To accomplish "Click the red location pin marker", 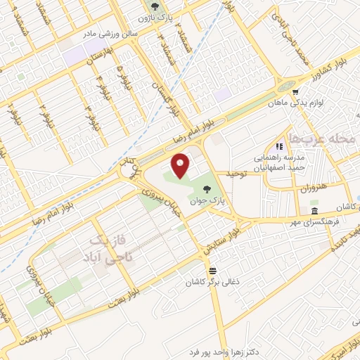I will [x=181, y=165].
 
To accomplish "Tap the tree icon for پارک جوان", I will [x=207, y=188].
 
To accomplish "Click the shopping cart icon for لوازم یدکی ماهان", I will [x=295, y=91].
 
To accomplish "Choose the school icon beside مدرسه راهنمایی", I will [x=279, y=146].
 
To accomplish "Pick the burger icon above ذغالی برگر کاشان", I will [x=212, y=269].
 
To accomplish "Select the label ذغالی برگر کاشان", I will [x=208, y=281].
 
